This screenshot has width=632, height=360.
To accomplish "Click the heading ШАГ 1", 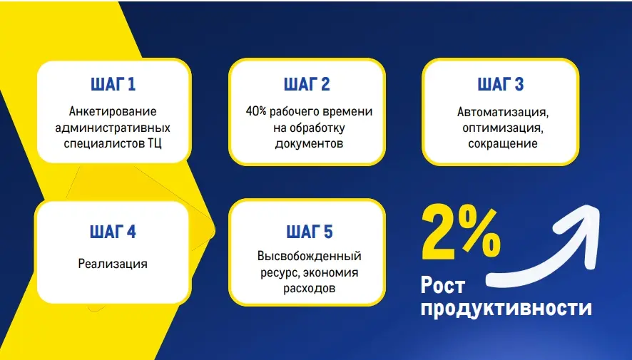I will click(x=113, y=85).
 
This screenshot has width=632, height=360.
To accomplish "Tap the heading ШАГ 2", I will click(x=307, y=85).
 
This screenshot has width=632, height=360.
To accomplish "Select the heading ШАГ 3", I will click(x=501, y=85).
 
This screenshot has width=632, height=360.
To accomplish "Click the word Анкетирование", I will click(x=113, y=112).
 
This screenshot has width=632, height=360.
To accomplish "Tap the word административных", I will click(x=113, y=128).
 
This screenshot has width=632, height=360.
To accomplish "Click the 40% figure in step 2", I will click(x=256, y=112).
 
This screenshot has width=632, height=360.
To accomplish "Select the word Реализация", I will click(x=113, y=264).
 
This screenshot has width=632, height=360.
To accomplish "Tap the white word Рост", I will click(x=443, y=286).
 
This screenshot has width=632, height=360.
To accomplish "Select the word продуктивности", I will click(x=506, y=308).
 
